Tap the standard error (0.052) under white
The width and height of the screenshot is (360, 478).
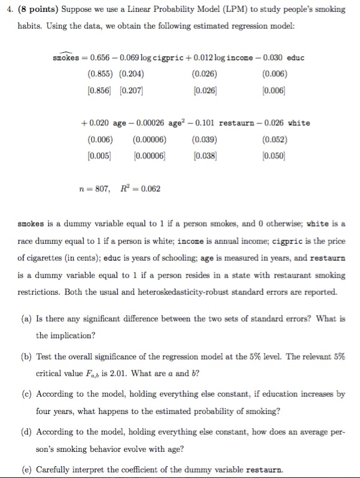point(261,138)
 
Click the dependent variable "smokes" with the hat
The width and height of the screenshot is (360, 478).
point(66,57)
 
